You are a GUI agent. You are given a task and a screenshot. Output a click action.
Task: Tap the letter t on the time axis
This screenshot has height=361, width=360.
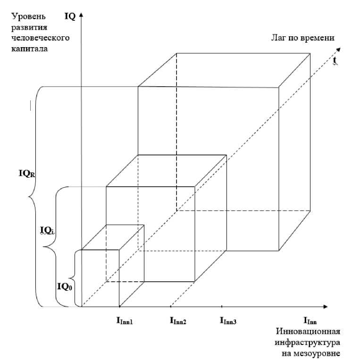(335, 60)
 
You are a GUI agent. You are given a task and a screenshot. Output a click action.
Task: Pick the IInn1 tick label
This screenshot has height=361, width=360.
(125, 321)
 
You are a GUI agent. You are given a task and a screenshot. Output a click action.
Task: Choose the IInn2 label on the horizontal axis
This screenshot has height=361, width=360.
(177, 321)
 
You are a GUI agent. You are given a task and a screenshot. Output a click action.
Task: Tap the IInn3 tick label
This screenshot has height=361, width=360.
(228, 321)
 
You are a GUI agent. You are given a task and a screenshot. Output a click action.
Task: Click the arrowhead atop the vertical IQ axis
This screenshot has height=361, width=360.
(82, 15)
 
